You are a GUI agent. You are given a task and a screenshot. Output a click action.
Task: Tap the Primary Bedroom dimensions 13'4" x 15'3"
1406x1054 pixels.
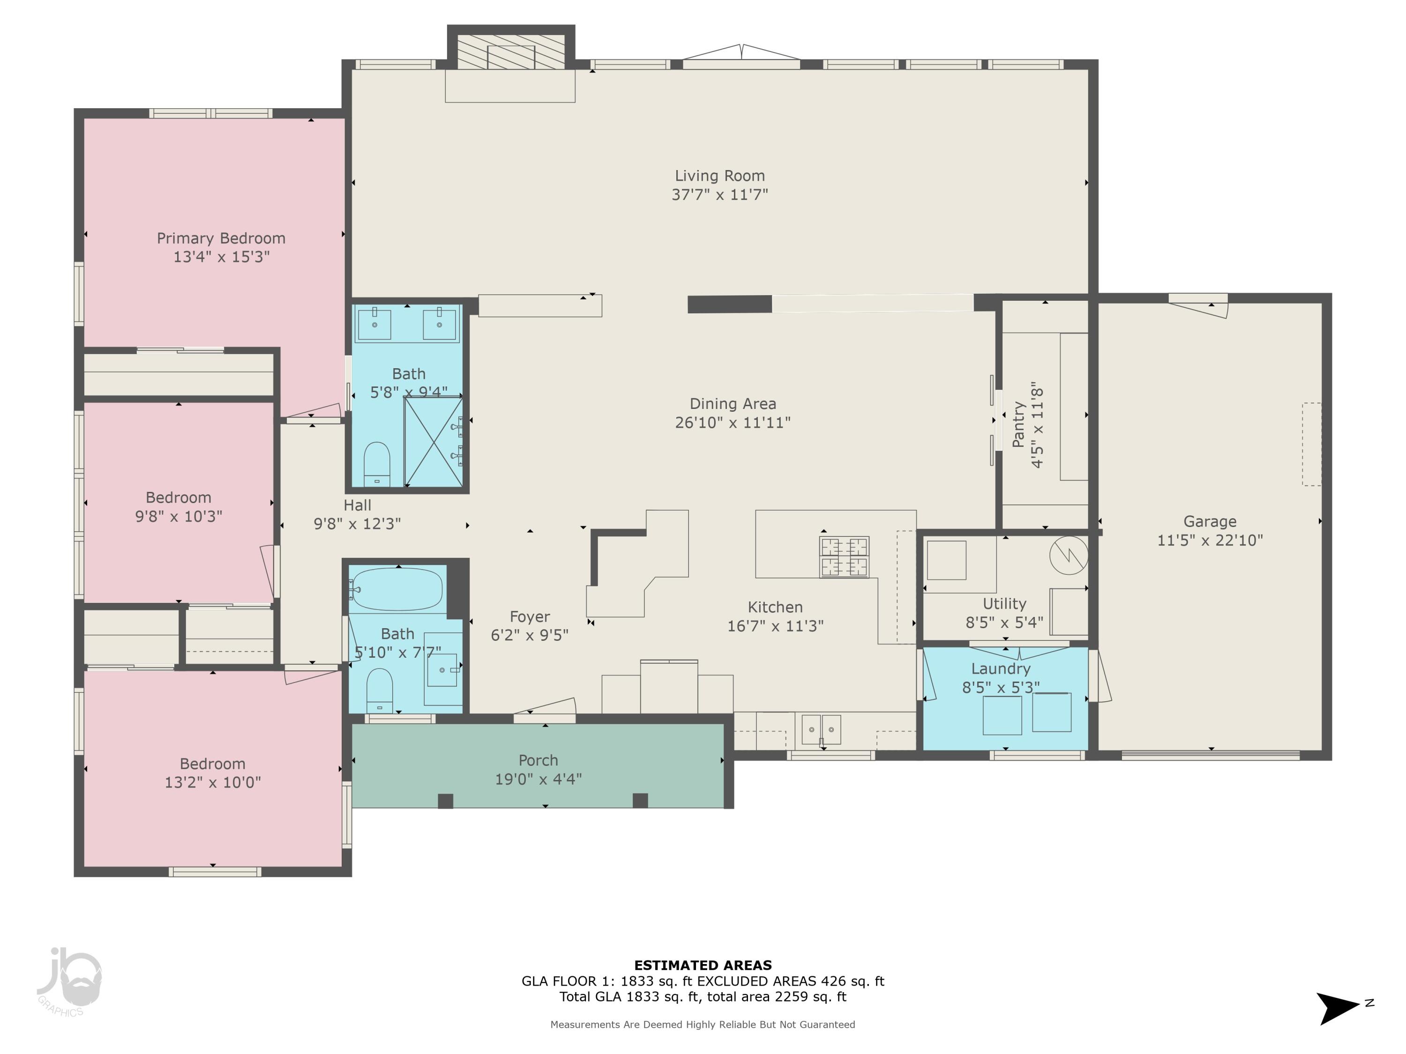click(221, 257)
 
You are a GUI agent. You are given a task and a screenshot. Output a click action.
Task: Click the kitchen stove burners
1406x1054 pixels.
click(844, 557)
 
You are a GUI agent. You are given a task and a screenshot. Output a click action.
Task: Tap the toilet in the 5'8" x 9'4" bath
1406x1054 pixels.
click(376, 464)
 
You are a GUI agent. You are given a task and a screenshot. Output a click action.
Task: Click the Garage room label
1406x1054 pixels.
click(1210, 521)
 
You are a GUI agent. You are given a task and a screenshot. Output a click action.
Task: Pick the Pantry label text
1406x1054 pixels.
click(1019, 424)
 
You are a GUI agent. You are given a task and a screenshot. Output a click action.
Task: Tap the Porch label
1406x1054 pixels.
click(538, 760)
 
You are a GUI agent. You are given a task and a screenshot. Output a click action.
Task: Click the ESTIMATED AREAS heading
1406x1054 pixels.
click(703, 965)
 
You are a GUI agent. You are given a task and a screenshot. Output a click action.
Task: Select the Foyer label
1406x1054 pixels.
click(530, 616)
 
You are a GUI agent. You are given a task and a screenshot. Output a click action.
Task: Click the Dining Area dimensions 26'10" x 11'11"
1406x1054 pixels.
click(733, 423)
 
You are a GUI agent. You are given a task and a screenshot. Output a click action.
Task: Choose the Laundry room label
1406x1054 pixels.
click(1001, 668)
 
